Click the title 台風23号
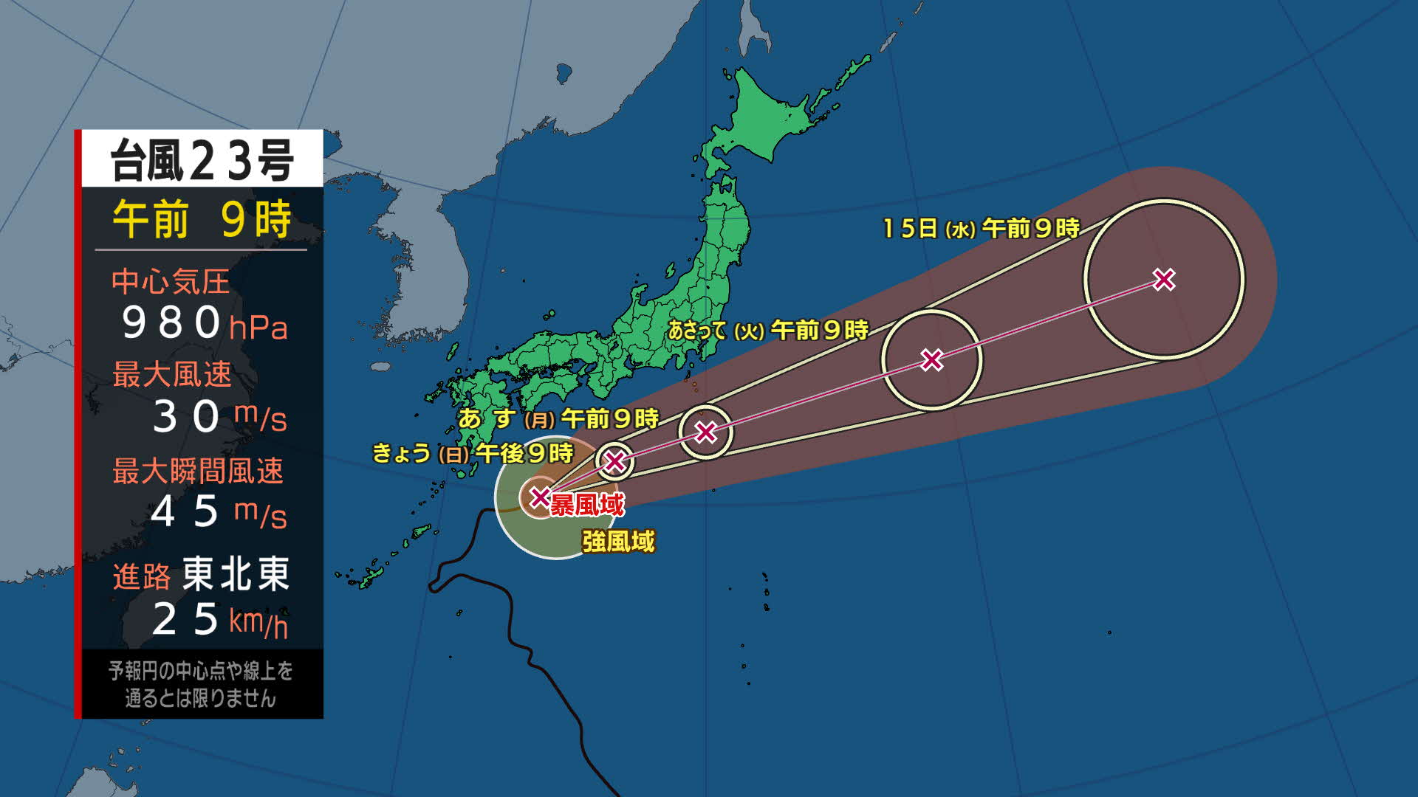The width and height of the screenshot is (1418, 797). [202, 159]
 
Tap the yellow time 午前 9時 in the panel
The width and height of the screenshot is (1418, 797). [202, 219]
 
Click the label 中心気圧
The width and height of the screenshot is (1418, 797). [171, 282]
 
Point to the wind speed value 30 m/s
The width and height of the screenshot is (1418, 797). [219, 417]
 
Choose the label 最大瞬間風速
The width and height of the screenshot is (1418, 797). [197, 471]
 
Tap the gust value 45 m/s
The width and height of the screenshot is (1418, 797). [218, 512]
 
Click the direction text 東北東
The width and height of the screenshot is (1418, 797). [236, 574]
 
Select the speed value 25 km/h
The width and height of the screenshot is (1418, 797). [219, 620]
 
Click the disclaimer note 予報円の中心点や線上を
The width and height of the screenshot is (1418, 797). [201, 671]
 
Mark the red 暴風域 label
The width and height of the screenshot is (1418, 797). [587, 505]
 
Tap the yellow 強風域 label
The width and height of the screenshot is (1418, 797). [618, 542]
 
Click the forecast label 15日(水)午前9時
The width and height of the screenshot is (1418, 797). [981, 228]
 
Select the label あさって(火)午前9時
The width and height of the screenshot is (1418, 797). [768, 330]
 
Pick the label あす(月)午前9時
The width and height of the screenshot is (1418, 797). [558, 418]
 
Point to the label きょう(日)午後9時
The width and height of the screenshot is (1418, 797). [473, 452]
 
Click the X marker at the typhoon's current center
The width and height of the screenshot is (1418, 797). [540, 497]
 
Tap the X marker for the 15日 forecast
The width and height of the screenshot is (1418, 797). [1164, 280]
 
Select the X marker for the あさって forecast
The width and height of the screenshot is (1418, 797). [932, 360]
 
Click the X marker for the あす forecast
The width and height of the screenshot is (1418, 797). [706, 432]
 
